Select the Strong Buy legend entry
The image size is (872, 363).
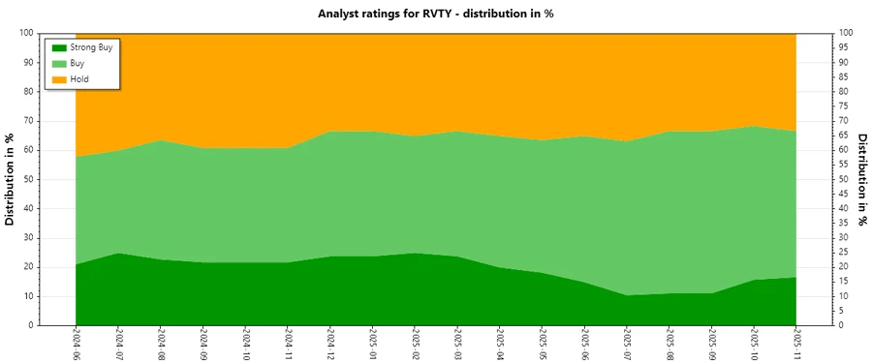91,46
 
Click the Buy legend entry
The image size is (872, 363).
78,63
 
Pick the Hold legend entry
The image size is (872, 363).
79,78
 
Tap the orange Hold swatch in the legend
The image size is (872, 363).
59,78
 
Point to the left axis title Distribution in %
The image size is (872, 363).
11,179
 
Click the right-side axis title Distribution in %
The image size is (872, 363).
861,179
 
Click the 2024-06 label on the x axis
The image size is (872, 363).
76,345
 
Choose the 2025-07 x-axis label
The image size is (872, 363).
627,345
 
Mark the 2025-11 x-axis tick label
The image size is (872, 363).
796,345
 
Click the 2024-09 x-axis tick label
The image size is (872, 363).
202,345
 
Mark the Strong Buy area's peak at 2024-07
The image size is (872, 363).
118,254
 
